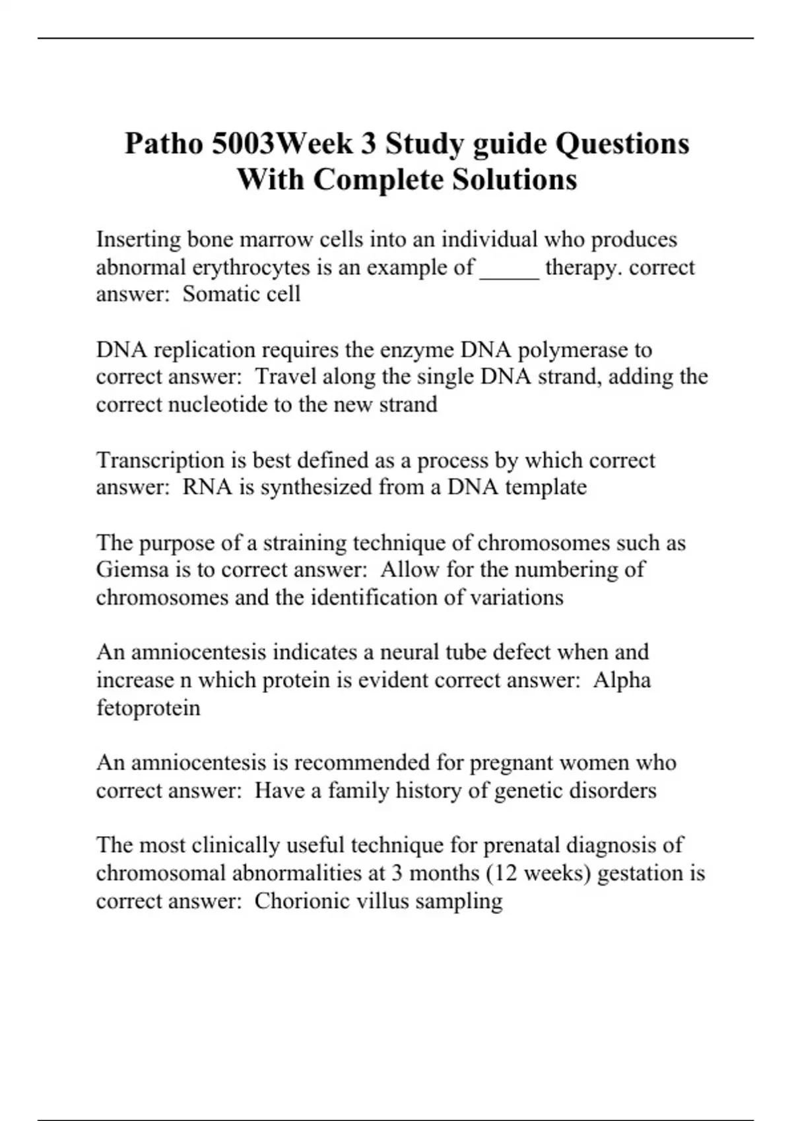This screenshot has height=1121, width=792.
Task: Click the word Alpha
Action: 622,680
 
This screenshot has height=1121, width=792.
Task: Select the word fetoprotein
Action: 148,708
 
